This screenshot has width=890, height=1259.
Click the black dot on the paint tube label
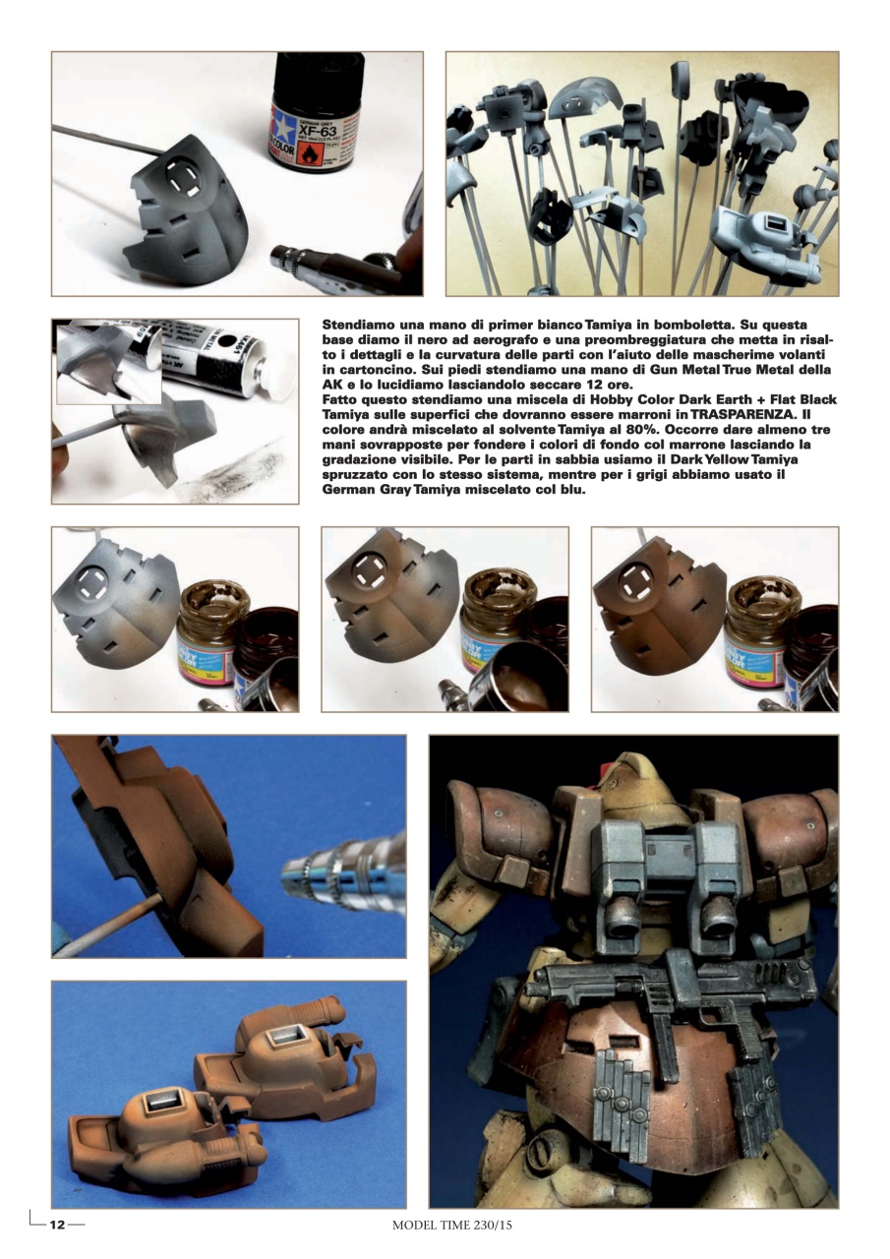227,345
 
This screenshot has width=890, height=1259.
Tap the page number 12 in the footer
58,1225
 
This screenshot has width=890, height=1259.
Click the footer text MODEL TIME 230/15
452,1226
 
